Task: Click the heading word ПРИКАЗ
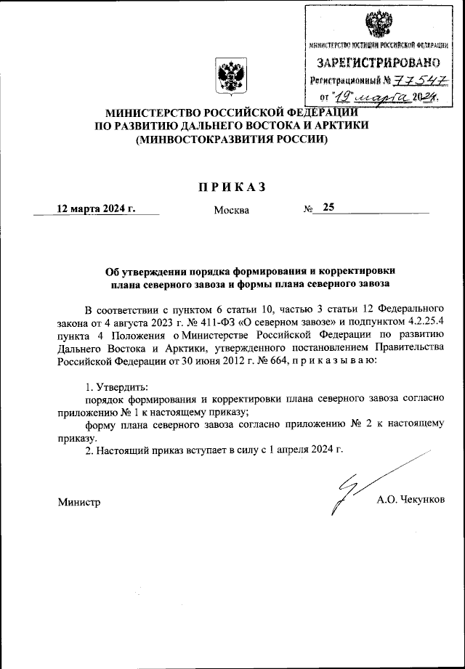coord(232,187)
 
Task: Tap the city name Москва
coord(231,211)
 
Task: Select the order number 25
coord(328,208)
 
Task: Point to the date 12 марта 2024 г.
coord(97,208)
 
